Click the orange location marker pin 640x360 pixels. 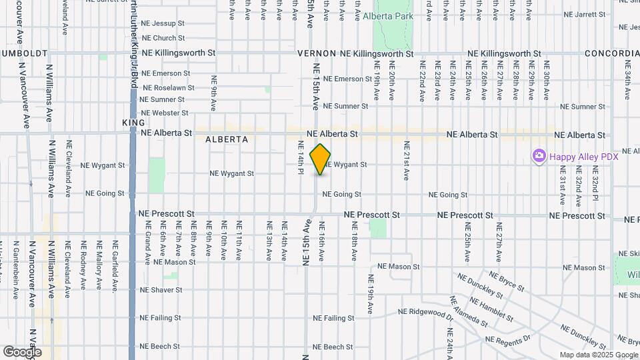click(x=321, y=159)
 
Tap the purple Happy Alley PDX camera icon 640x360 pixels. click(x=538, y=156)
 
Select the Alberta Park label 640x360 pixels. click(x=397, y=17)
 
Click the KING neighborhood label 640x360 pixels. click(x=129, y=123)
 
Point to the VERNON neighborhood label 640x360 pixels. click(x=317, y=53)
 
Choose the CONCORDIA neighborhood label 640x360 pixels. click(x=611, y=53)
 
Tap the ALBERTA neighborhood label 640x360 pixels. click(x=227, y=139)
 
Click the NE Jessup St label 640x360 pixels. click(x=163, y=23)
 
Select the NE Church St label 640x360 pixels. click(x=159, y=39)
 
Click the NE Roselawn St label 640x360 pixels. click(x=169, y=87)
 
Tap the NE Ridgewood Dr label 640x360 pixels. click(x=425, y=311)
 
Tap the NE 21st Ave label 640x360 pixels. click(x=405, y=161)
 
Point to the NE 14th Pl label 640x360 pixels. click(x=301, y=157)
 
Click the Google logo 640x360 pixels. click(x=22, y=351)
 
